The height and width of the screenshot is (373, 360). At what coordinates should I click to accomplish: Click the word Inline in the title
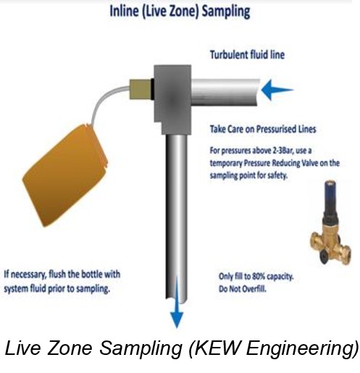click(124, 12)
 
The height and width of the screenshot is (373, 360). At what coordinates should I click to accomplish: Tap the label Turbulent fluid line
click(247, 54)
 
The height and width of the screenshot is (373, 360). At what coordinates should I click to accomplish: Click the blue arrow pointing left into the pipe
click(277, 90)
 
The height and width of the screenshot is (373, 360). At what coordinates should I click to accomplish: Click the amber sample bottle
click(65, 175)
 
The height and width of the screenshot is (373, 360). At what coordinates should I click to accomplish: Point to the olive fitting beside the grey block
click(140, 89)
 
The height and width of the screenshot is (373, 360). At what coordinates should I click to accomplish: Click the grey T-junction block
click(173, 99)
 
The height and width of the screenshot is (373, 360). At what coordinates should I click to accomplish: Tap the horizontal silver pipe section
click(226, 92)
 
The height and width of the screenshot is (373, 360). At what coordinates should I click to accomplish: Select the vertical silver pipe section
click(176, 217)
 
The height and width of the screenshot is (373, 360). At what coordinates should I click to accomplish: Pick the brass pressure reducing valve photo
click(330, 222)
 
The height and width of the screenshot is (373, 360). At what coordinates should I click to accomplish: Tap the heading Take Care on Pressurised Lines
click(263, 129)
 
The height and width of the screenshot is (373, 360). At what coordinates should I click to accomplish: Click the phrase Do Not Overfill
click(243, 289)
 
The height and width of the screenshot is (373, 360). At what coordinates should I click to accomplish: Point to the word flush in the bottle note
click(57, 274)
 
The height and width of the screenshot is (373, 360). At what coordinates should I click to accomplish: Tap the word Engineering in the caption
click(301, 349)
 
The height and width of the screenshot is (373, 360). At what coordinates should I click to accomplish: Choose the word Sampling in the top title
click(226, 12)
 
